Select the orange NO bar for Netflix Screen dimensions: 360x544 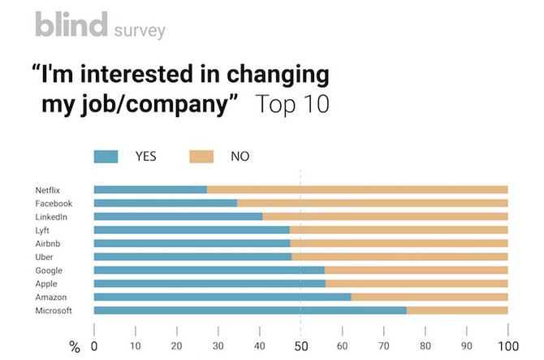pos(357,189)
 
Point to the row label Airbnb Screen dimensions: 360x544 pos(47,243)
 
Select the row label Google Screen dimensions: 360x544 pos(49,270)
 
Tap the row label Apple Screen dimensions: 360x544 pos(46,284)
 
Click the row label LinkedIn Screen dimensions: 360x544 pos(51,216)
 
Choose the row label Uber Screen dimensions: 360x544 pos(45,257)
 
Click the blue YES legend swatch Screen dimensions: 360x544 pos(106,156)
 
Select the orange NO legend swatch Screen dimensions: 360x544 pos(201,156)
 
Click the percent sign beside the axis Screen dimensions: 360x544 pos(75,348)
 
